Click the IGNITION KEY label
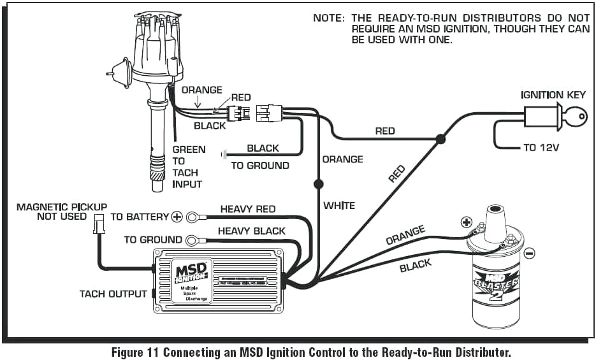[x=552, y=96]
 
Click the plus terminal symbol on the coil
[x=467, y=222]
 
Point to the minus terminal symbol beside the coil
[x=529, y=253]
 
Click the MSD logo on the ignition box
[x=190, y=271]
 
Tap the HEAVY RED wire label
[x=248, y=209]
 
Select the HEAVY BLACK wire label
[x=252, y=231]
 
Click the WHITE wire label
[x=339, y=206]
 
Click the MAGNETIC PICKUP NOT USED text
[x=61, y=212]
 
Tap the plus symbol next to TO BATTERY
[x=177, y=217]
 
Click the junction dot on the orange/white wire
[x=317, y=184]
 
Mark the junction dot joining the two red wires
[x=440, y=138]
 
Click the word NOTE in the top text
[x=328, y=18]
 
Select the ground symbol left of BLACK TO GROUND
[x=224, y=154]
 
